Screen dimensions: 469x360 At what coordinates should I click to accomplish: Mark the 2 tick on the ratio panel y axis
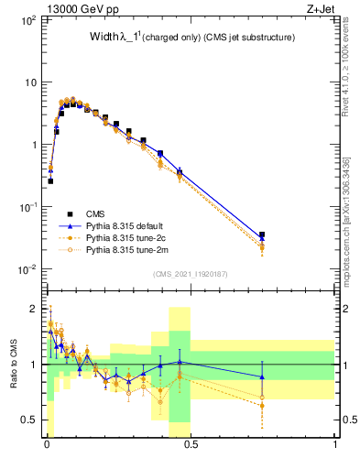[x=33, y=308]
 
